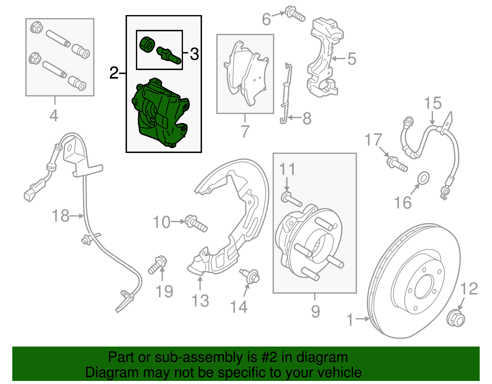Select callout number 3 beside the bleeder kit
(x=194, y=54)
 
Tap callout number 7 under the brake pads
(x=245, y=131)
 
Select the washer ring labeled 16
(x=424, y=178)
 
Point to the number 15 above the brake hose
(x=433, y=103)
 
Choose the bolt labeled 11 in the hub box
(x=291, y=199)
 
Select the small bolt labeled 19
(x=157, y=265)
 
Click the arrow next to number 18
(x=77, y=216)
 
